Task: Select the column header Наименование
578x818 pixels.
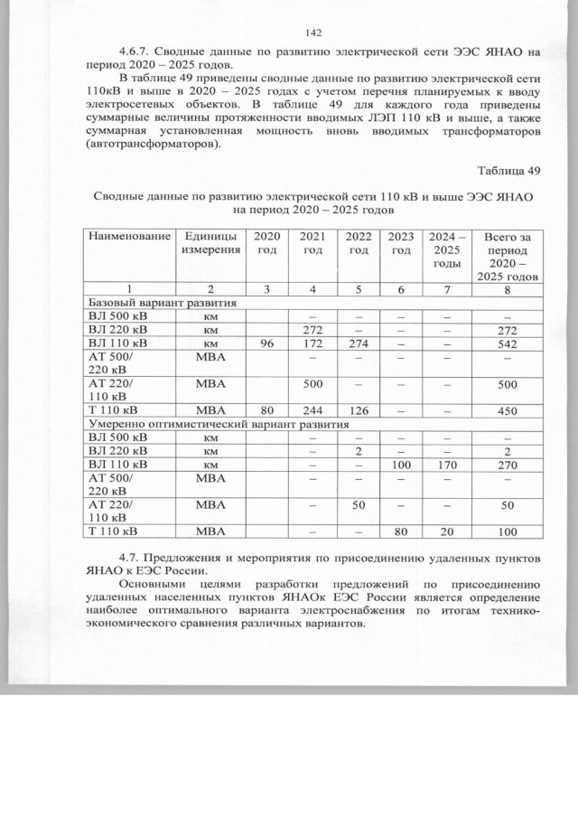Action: coord(128,236)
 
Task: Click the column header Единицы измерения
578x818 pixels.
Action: coord(209,242)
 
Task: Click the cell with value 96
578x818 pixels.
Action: coord(266,344)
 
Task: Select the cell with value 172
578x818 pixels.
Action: coord(312,344)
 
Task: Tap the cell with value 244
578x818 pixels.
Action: coord(312,410)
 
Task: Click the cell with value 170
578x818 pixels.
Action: coord(446,464)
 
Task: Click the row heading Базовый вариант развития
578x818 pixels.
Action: coord(162,303)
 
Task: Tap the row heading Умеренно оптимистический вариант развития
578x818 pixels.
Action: coord(218,423)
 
